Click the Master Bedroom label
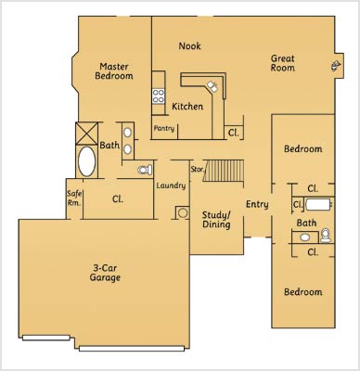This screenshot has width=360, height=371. point(114,71)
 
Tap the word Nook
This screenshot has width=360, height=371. point(189,46)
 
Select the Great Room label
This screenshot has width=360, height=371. point(283,63)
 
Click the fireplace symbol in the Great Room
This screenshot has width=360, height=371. point(335,66)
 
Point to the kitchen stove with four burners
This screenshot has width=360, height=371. point(159,96)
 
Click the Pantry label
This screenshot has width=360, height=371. point(164,128)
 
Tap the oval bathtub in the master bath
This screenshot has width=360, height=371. point(86,161)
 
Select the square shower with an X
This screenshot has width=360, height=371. point(86,134)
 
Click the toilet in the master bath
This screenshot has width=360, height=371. point(145,170)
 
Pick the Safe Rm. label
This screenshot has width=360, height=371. point(74,198)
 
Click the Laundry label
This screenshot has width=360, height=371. point(171,185)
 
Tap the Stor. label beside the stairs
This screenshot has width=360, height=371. point(198,169)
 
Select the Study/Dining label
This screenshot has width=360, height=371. point(216,220)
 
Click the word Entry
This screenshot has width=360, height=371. point(257,204)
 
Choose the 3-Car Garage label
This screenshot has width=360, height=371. point(105,273)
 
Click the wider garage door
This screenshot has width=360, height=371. point(132,349)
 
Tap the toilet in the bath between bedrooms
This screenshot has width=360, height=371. point(326,235)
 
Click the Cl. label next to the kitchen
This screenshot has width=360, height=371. point(234,133)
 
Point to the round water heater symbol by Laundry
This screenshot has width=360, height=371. point(183,212)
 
